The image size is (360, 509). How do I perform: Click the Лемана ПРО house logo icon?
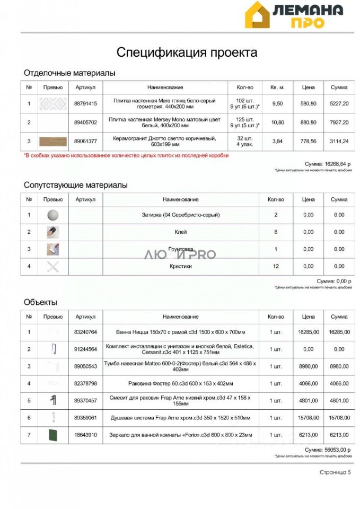coord(257,15)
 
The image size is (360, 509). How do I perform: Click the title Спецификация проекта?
coord(187,52)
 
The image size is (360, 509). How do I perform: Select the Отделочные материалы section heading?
coord(69,73)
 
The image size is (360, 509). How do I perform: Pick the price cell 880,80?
coord(308,122)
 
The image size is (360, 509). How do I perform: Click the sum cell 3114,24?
coord(339,141)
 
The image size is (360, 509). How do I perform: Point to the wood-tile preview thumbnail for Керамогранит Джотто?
coord(53,141)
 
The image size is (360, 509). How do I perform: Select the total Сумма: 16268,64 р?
coord(328,164)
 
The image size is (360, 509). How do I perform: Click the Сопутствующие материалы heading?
coord(76,185)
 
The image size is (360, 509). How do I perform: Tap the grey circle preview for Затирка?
coord(53,215)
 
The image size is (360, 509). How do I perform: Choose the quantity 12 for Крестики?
coord(276,266)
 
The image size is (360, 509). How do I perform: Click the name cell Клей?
coord(181,232)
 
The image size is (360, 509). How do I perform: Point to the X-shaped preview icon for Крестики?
coord(53,266)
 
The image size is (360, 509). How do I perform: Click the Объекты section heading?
coord(40,302)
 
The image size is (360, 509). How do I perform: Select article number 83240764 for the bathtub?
coord(86,332)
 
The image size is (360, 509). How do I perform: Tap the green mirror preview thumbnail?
coord(53,435)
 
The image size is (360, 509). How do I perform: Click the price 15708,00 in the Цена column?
coord(308,418)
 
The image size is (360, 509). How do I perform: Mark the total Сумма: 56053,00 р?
coord(328,450)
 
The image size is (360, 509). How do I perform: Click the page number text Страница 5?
coord(335,472)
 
